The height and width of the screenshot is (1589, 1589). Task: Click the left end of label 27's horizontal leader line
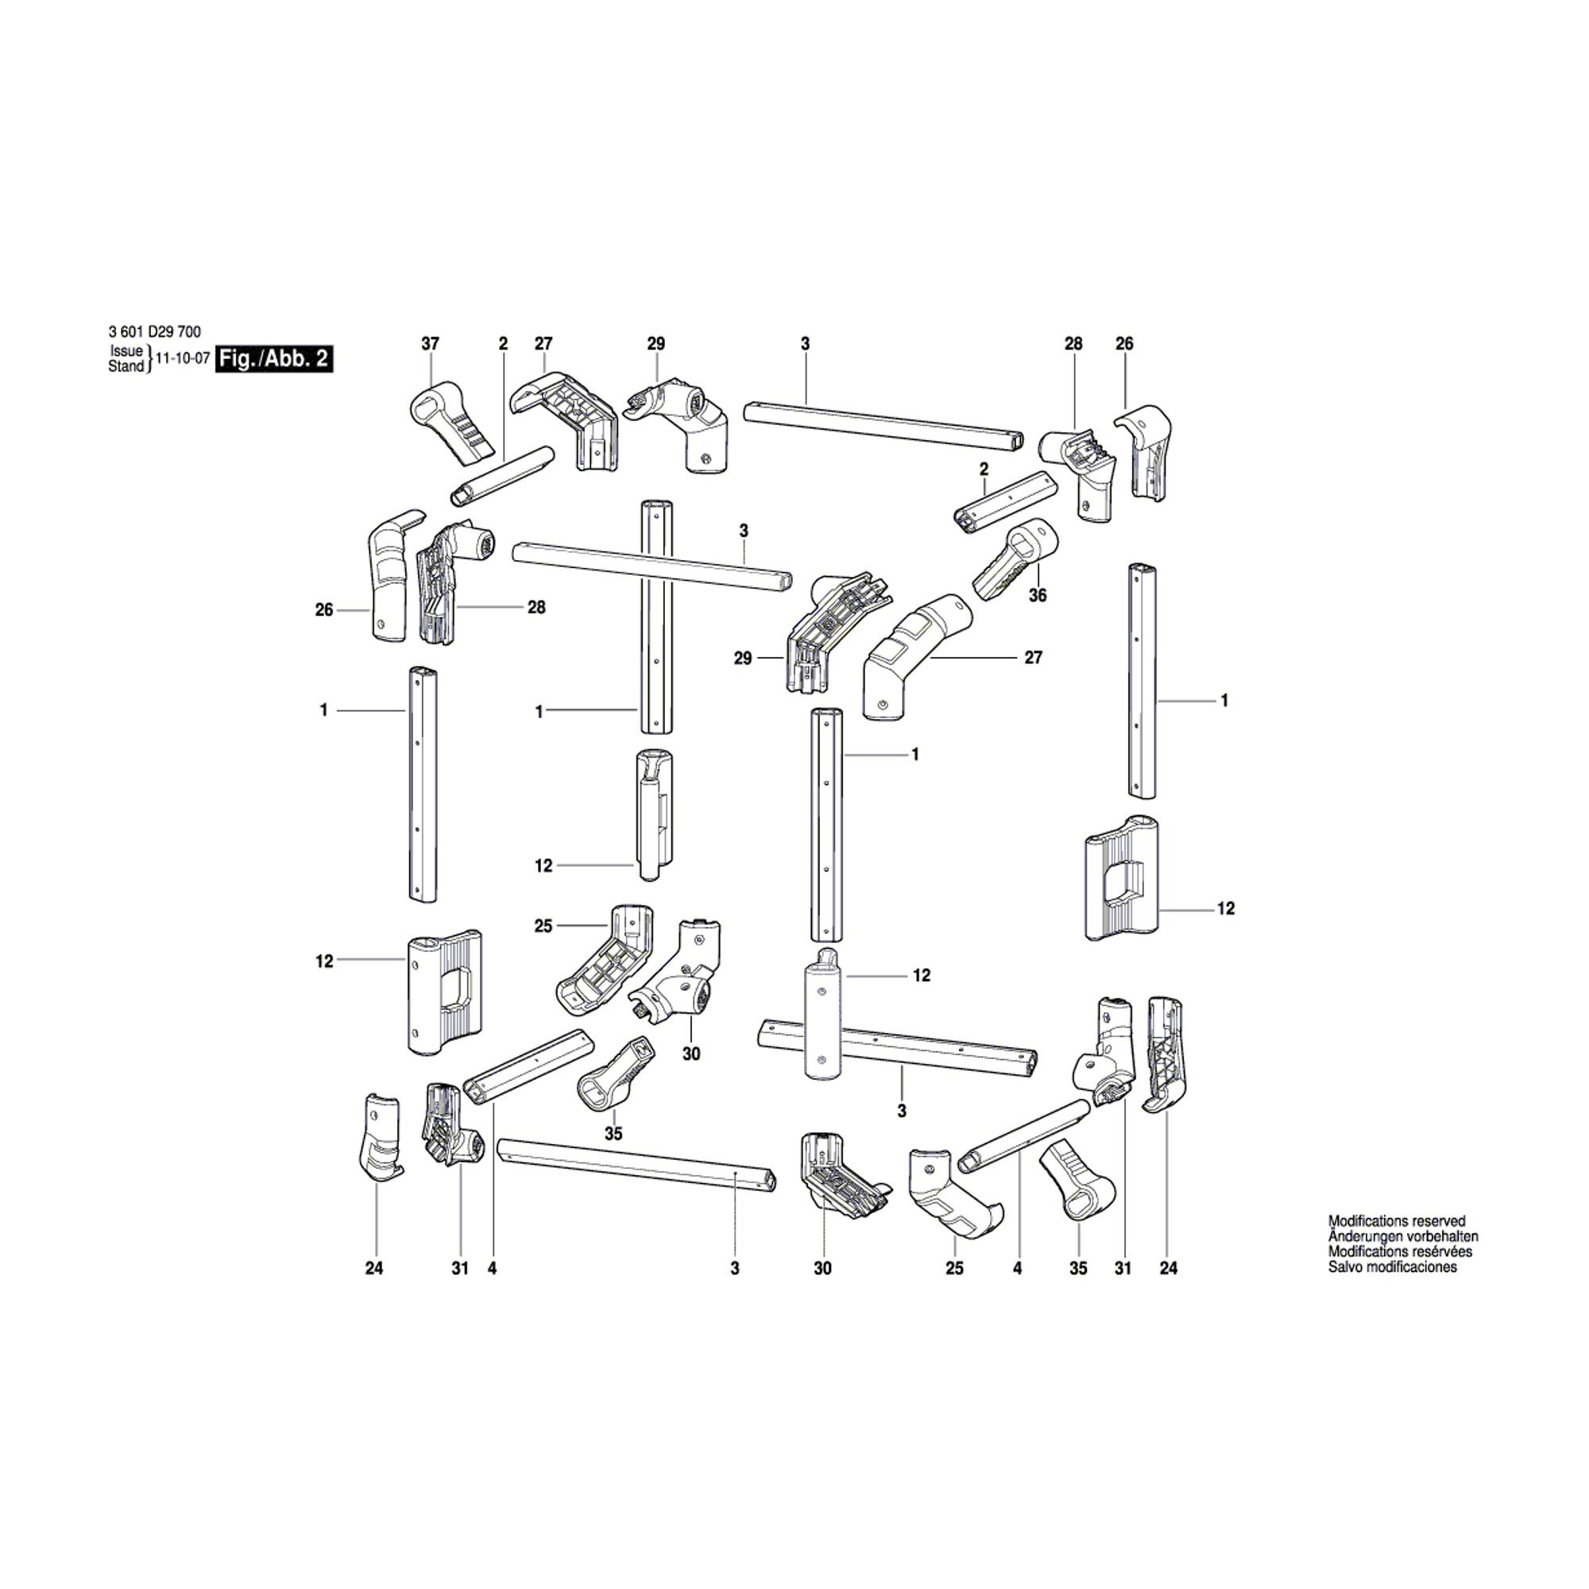tap(931, 658)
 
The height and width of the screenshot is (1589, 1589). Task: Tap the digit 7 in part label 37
tap(436, 344)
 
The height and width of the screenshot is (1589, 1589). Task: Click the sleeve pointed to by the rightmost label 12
tap(1122, 879)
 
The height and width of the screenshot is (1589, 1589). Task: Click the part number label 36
tap(1038, 594)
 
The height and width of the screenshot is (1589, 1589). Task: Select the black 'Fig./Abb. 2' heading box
tap(275, 359)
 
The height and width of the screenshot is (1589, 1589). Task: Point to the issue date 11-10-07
tap(183, 359)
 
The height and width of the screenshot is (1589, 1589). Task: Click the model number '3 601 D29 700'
tap(154, 332)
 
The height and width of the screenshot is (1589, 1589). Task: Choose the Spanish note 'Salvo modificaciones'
tap(1393, 1267)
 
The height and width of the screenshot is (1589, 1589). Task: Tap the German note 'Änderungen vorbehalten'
tap(1403, 1236)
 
